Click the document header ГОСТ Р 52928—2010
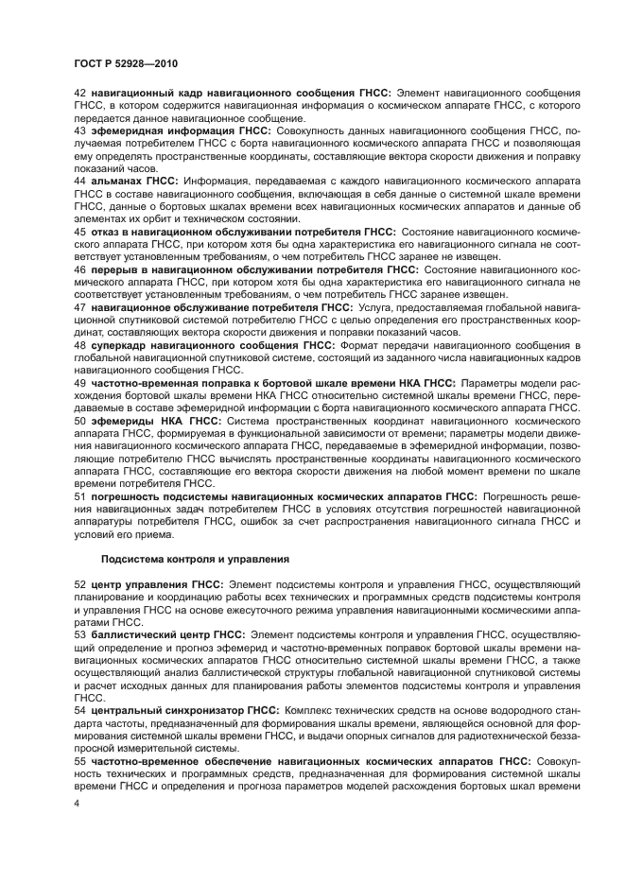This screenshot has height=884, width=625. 126,63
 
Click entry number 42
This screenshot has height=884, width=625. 80,93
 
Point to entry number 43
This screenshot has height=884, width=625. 80,129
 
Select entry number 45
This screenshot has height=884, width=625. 80,231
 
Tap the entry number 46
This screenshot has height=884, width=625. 80,269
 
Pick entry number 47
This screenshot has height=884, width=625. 80,307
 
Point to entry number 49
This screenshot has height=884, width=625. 80,383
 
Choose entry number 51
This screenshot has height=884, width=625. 80,495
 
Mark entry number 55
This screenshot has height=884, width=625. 80,760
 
